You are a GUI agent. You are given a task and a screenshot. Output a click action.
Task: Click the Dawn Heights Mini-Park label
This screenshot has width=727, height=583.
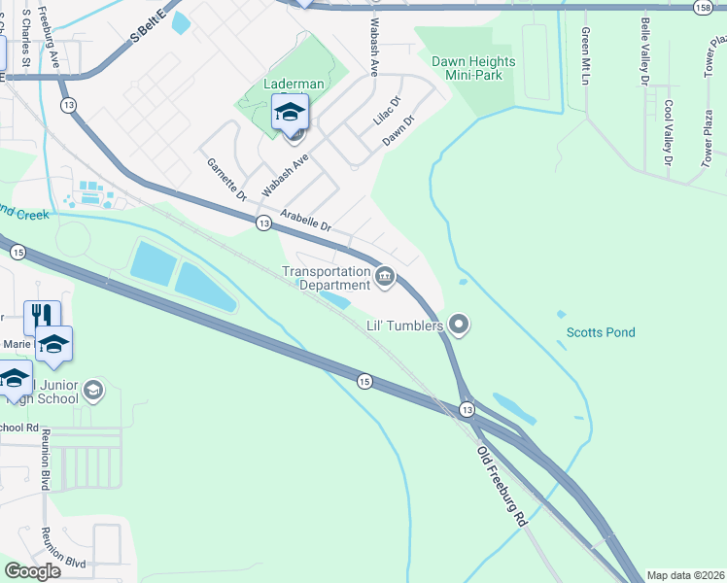tap(473, 68)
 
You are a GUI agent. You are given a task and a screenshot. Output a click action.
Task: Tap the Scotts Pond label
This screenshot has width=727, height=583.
tap(601, 332)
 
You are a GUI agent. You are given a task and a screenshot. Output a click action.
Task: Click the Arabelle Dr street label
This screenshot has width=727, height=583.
tap(306, 222)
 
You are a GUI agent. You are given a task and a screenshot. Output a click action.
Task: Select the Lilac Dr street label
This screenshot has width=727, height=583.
tap(387, 115)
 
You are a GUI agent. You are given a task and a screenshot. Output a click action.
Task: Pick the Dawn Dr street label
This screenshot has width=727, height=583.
tap(398, 131)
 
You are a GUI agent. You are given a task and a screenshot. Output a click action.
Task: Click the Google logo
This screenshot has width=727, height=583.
tap(32, 571)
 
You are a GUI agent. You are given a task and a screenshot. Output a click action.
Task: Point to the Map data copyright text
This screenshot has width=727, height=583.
tap(684, 575)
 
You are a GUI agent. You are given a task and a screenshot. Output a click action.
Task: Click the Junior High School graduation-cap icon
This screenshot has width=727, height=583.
tap(93, 390)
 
